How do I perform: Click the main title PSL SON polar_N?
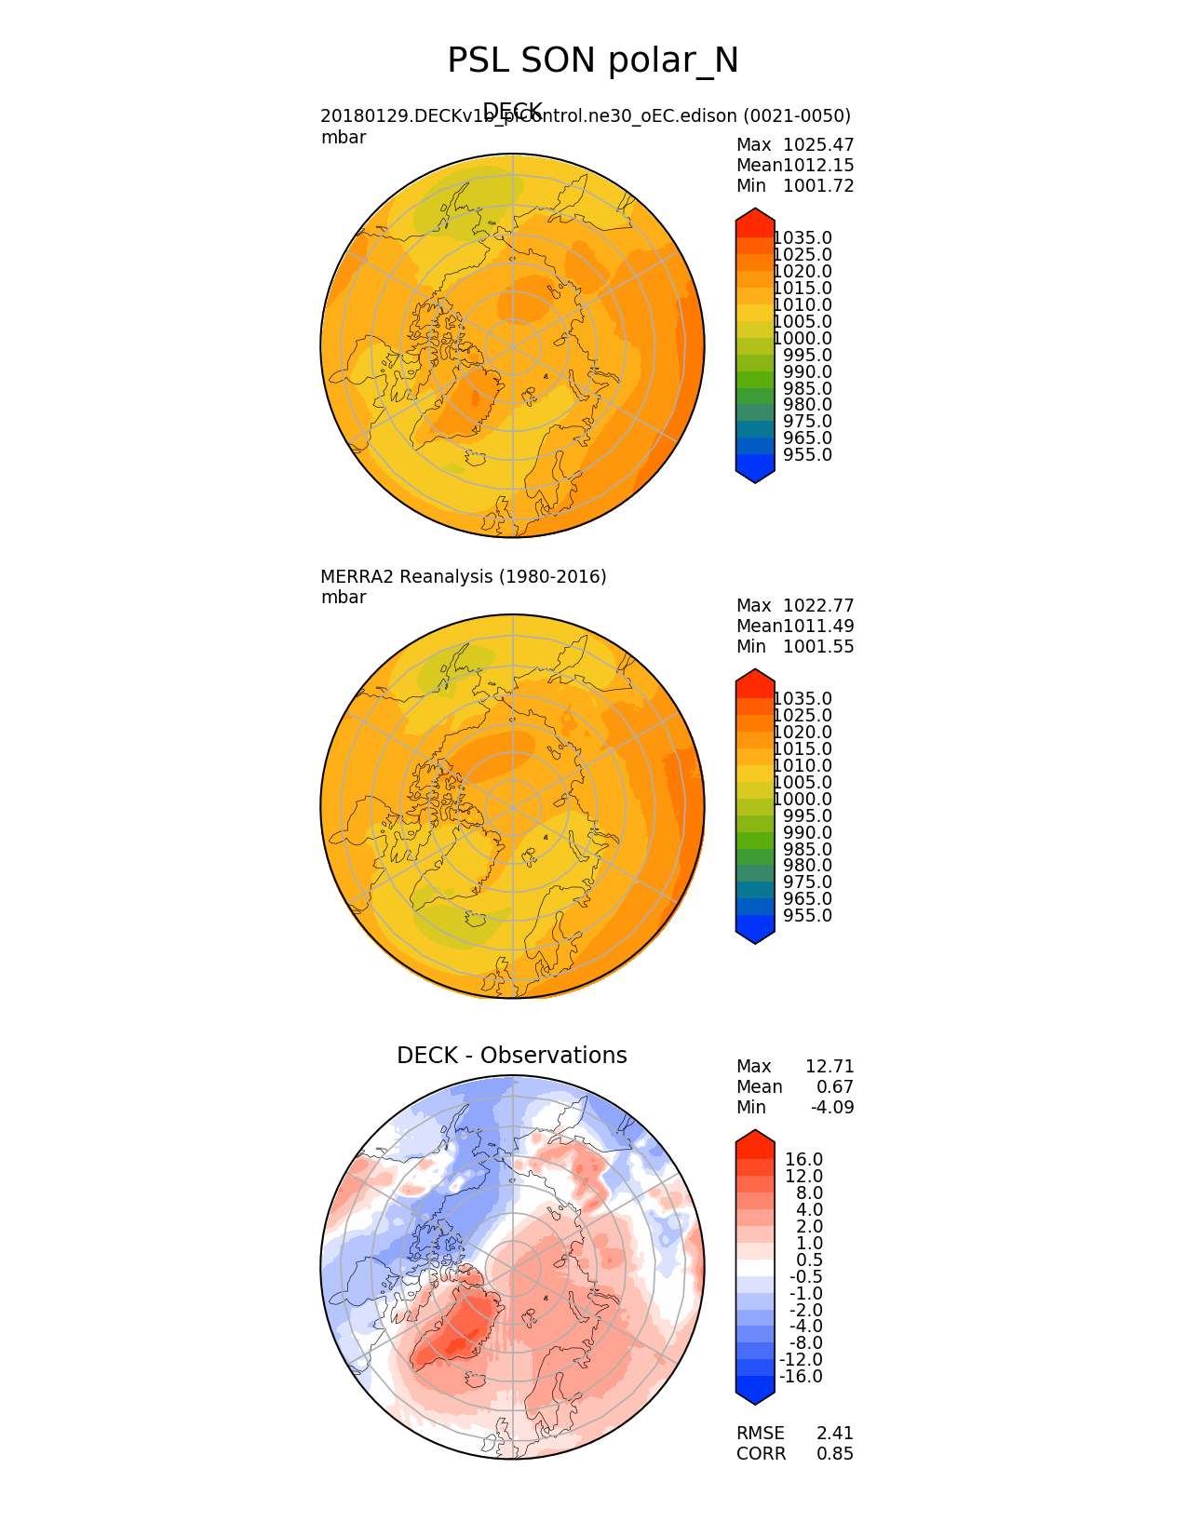coord(593,61)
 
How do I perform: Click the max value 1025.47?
coord(818,145)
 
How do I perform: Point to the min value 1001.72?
coord(818,186)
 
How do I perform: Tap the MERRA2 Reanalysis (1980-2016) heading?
coord(464,577)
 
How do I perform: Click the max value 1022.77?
coord(818,606)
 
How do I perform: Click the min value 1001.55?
coord(818,647)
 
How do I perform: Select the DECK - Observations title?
coord(512,1056)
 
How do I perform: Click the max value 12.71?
coord(830,1067)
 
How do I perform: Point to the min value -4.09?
coord(832,1108)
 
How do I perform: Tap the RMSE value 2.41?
coord(835,1434)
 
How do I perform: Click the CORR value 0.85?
coord(835,1454)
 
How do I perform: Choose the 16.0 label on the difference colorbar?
coord(804,1160)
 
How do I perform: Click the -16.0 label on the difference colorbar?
coord(802,1377)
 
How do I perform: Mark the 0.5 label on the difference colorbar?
coord(809,1260)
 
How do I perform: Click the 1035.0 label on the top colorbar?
coord(803,238)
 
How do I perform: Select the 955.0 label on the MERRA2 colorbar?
coord(808,916)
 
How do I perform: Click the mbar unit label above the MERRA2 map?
coord(344,598)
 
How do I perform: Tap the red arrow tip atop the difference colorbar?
coord(755,1136)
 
